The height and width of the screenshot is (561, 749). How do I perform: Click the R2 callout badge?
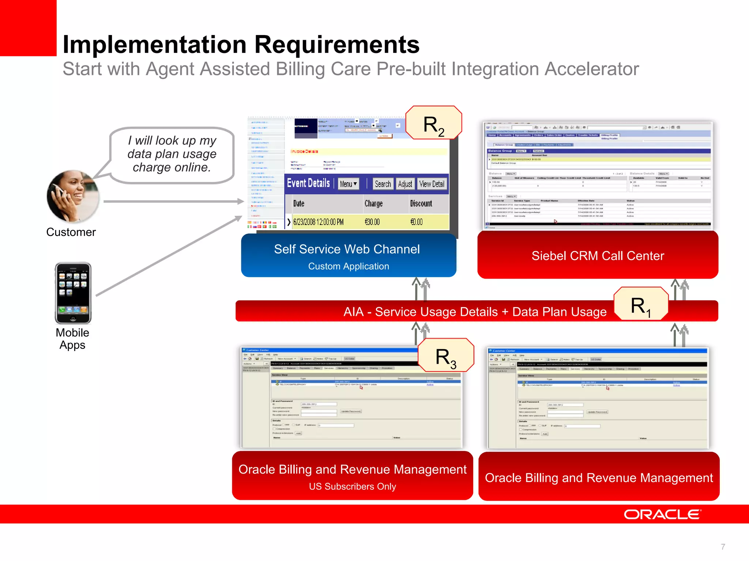click(434, 123)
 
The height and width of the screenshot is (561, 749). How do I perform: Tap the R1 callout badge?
click(641, 304)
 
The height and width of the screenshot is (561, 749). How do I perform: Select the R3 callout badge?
click(446, 355)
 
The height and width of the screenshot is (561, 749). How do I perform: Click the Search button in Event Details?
click(383, 184)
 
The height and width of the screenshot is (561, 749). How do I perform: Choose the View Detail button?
click(432, 184)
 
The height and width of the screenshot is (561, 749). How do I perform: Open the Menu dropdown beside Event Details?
click(348, 184)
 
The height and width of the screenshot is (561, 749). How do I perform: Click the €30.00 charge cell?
click(372, 222)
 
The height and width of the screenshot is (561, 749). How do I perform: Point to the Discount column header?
click(421, 203)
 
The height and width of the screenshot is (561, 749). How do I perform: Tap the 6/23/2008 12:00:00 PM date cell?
click(318, 222)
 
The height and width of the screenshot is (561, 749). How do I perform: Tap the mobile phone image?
click(73, 293)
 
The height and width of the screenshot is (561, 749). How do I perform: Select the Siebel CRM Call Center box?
click(598, 255)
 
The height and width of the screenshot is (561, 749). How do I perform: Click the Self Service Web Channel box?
click(348, 255)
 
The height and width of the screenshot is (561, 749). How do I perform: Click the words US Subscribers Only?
click(352, 486)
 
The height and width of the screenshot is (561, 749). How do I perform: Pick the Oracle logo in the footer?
click(662, 514)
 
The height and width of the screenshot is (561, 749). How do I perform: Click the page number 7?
click(723, 547)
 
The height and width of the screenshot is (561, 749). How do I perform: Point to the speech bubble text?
click(172, 154)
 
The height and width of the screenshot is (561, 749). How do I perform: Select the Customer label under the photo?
click(71, 232)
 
